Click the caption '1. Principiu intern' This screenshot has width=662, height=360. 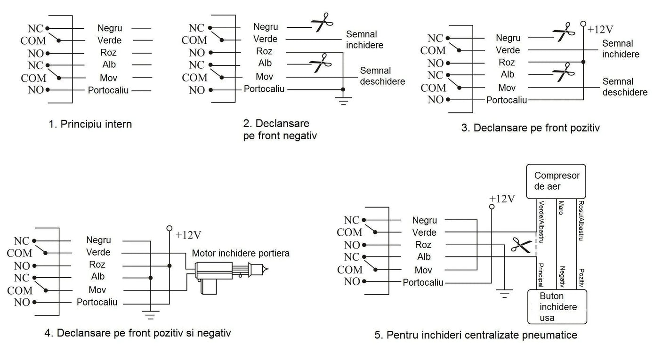pyautogui.click(x=90, y=124)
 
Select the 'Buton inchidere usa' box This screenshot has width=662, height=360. pyautogui.click(x=557, y=307)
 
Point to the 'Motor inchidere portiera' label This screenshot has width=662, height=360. pyautogui.click(x=241, y=253)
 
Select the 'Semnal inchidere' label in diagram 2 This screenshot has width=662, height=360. pyautogui.click(x=364, y=40)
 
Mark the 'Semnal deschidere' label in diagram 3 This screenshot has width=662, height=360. pyautogui.click(x=625, y=87)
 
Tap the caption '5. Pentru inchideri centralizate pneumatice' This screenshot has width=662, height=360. pyautogui.click(x=476, y=335)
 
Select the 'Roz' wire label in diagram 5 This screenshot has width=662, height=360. pyautogui.click(x=423, y=245)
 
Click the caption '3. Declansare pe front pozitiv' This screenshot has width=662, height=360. pyautogui.click(x=530, y=128)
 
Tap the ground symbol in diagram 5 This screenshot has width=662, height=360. pyautogui.click(x=505, y=295)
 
